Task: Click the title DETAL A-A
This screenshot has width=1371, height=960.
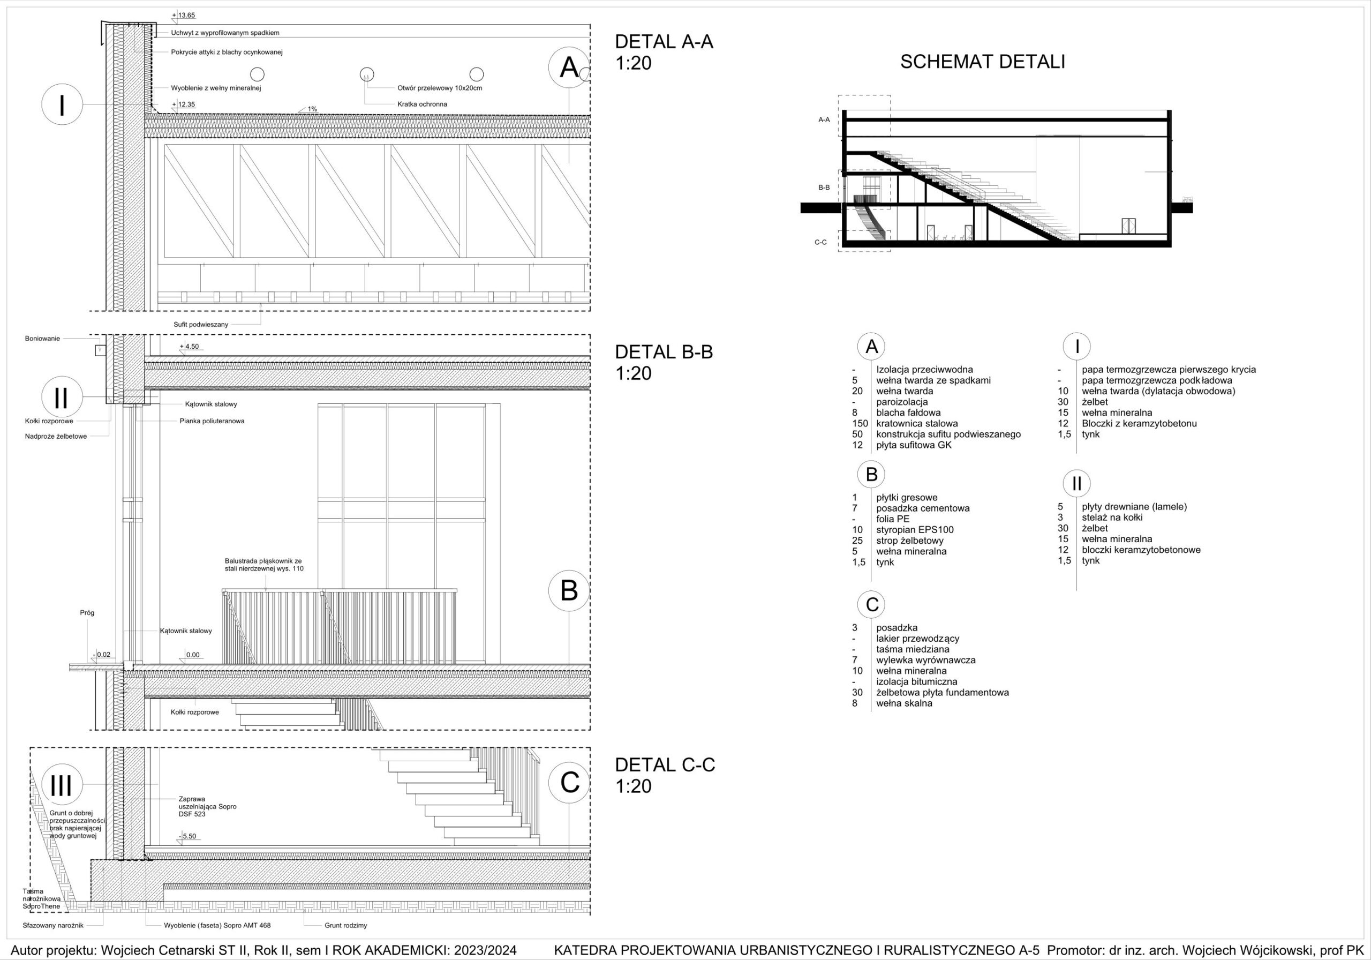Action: tap(664, 42)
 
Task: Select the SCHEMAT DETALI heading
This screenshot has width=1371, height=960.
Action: tap(982, 62)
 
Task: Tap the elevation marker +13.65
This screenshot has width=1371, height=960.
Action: tap(183, 16)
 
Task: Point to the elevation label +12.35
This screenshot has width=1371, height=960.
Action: tap(183, 104)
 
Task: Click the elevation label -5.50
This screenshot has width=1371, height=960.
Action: tap(187, 836)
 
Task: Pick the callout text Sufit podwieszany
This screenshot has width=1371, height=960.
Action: tap(201, 325)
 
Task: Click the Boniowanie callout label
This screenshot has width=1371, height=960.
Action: tap(42, 339)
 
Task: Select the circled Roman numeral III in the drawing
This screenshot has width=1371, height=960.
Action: tap(62, 785)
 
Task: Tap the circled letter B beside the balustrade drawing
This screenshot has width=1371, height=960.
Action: tap(569, 591)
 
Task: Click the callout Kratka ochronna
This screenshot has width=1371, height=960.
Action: tap(421, 104)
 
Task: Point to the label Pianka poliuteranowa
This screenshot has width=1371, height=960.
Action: tap(212, 421)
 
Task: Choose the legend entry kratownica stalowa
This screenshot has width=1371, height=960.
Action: tap(916, 424)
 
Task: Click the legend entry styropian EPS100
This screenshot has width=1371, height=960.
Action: tap(915, 530)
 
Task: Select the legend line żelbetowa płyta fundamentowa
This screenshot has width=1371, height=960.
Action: tap(942, 692)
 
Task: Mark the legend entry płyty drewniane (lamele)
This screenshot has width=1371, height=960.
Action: tap(1134, 507)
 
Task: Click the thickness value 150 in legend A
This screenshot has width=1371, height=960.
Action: tap(860, 424)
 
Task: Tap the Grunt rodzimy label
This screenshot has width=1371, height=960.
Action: tap(346, 925)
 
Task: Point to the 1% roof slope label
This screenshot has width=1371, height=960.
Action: tap(312, 109)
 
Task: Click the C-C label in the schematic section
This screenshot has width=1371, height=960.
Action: tap(820, 242)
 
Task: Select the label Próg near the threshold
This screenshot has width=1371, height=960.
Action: tap(87, 612)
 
